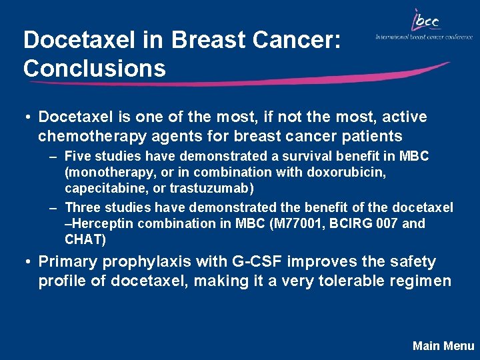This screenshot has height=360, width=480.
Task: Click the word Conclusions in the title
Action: [94, 68]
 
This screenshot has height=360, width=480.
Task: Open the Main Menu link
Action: [443, 345]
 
